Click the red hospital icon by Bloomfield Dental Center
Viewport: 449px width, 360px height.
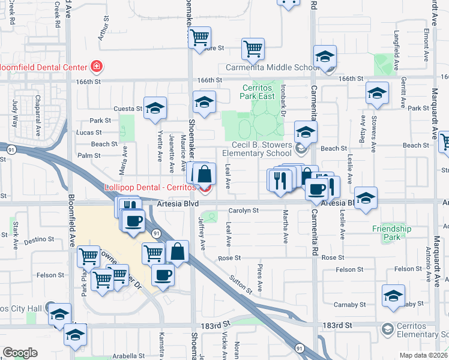95,66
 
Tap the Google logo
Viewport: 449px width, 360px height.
20,353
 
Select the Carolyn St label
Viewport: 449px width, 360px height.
243,211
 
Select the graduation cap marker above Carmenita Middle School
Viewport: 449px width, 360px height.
325,57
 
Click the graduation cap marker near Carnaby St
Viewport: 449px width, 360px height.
394,296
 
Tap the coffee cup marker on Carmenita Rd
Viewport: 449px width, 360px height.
316,190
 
